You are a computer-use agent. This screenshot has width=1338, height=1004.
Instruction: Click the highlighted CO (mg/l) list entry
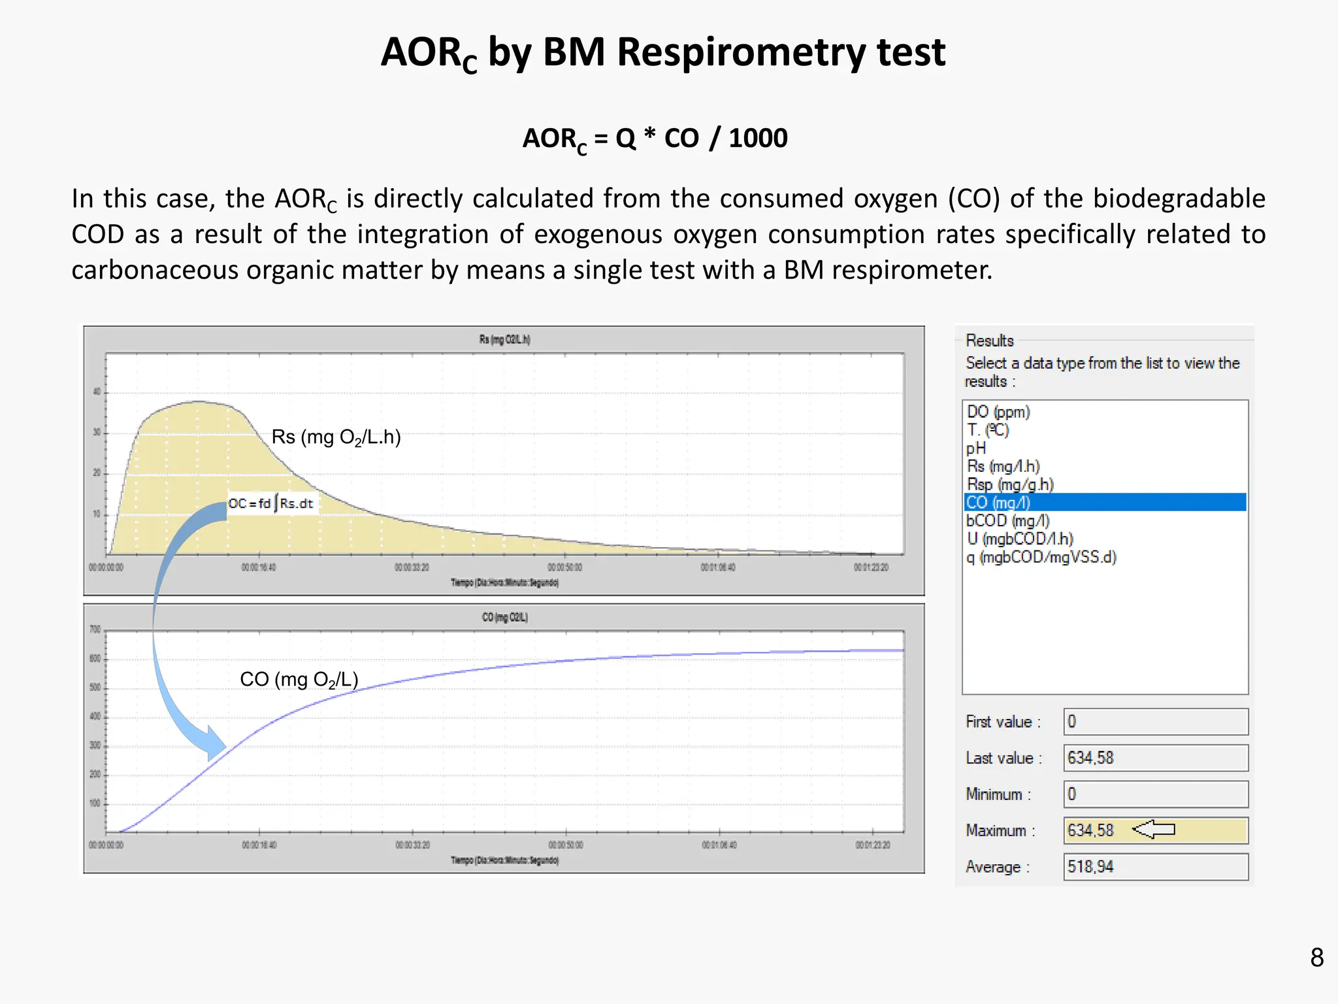click(998, 502)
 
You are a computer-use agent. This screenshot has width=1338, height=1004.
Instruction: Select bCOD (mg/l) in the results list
click(1008, 520)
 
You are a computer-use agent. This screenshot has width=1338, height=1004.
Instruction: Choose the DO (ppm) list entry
click(998, 412)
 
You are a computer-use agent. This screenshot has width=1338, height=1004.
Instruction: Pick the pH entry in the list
click(976, 448)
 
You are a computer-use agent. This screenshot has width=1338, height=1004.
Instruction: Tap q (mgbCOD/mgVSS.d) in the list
click(1041, 557)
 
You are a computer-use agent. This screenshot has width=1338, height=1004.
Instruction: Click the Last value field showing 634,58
click(1155, 758)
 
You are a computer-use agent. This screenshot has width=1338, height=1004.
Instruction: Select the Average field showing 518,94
click(1155, 867)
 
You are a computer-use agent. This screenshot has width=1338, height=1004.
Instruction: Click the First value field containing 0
click(1155, 722)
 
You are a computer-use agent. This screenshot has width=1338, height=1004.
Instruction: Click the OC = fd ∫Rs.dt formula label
click(271, 503)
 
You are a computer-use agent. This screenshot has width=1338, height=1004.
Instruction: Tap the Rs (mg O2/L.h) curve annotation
click(336, 437)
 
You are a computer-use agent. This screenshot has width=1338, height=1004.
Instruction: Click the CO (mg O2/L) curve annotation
click(299, 680)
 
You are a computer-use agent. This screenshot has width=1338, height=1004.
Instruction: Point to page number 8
click(1316, 958)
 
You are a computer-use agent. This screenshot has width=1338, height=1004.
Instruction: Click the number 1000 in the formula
click(758, 138)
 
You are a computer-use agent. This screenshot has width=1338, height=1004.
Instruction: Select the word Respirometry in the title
click(741, 52)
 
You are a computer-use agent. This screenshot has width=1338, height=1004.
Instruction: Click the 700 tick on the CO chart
click(95, 629)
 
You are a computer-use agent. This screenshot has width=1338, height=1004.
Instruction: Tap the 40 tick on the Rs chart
click(97, 392)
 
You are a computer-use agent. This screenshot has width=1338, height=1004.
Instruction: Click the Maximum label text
click(997, 831)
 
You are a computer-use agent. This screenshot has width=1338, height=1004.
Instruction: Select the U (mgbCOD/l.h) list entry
click(1020, 539)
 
